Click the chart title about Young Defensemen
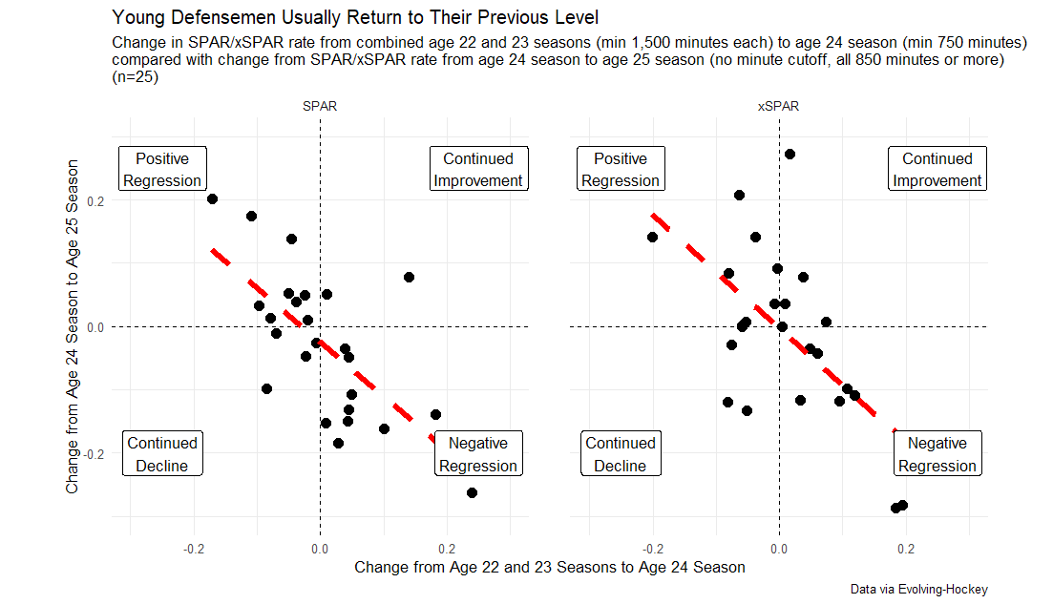tap(355, 17)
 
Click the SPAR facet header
tap(319, 107)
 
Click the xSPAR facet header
tap(778, 107)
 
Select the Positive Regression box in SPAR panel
tap(162, 170)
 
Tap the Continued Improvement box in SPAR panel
tap(478, 170)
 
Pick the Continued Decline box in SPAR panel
tap(162, 454)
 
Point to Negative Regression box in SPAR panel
tap(478, 454)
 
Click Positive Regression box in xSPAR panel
tap(621, 170)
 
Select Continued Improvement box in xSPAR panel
tap(937, 170)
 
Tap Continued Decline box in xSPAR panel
tap(621, 454)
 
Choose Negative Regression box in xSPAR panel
tap(937, 454)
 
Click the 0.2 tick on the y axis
tap(94, 201)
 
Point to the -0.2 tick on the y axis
tap(92, 453)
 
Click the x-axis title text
tap(549, 567)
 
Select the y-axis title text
tap(73, 327)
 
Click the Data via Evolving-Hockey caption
tap(918, 589)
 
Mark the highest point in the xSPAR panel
tap(790, 154)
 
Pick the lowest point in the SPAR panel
tap(472, 492)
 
